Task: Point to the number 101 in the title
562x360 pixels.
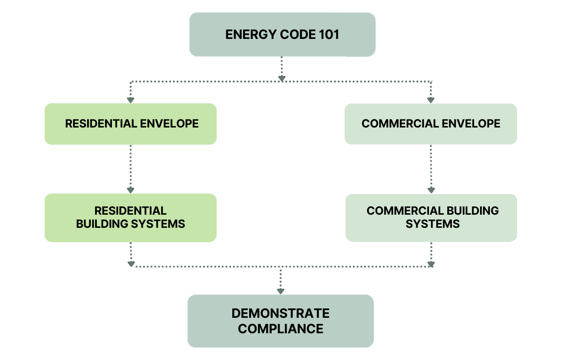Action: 327,35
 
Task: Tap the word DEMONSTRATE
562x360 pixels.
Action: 281,313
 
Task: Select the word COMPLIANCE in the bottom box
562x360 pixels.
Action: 281,329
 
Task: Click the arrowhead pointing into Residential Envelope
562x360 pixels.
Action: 131,100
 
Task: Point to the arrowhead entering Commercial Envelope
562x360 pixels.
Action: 431,100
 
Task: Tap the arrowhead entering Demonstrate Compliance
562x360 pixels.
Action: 281,291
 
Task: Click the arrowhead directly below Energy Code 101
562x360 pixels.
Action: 281,78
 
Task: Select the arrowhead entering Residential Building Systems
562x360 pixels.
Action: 131,190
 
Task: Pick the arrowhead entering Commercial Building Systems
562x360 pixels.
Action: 431,190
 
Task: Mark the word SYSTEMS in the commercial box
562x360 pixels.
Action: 433,224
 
